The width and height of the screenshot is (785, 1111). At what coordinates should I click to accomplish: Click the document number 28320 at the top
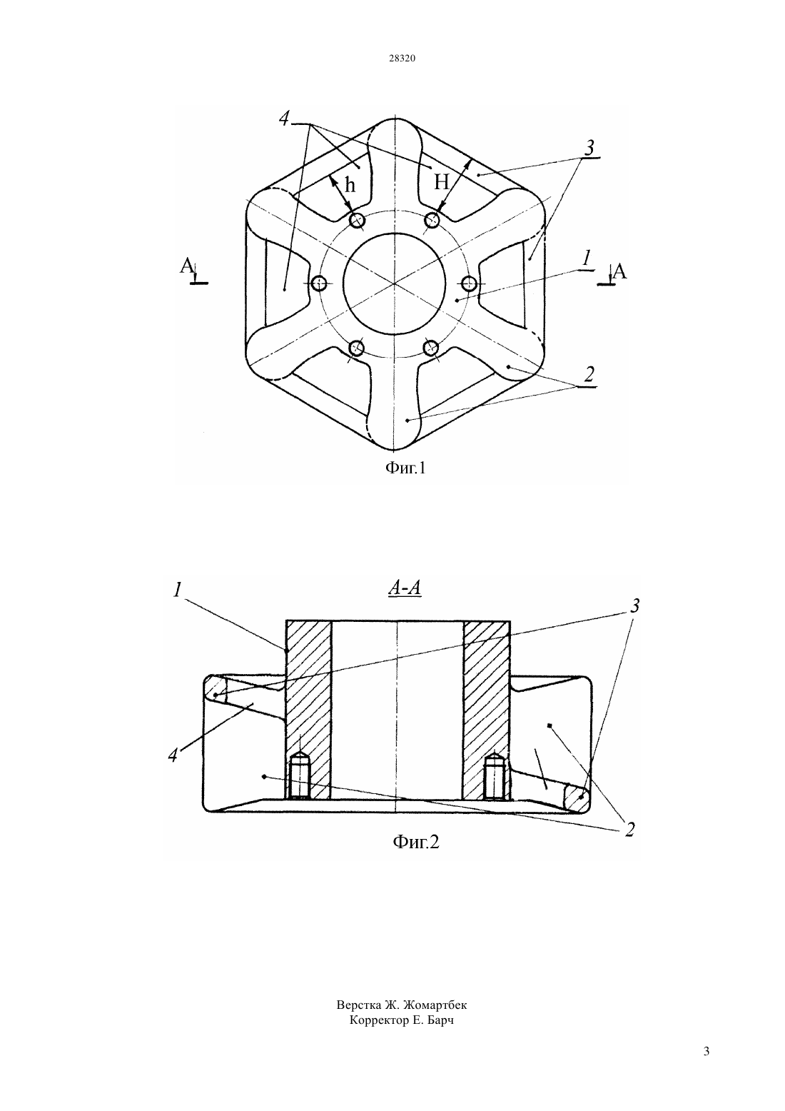(x=402, y=58)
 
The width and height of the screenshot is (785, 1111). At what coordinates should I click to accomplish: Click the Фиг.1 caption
(x=405, y=468)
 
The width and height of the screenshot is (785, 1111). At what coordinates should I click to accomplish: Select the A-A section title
(x=405, y=588)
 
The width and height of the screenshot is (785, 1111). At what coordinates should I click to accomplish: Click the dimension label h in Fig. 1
(x=350, y=185)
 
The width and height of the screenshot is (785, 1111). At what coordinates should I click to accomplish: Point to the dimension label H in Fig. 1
(x=441, y=183)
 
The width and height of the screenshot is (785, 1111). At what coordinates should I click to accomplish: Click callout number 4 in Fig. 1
(x=284, y=119)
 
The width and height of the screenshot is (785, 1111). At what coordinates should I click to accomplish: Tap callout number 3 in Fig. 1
(x=589, y=147)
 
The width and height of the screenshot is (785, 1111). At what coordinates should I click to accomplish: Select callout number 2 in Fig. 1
(x=589, y=374)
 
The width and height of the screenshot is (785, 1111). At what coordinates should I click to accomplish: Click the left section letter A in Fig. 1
(x=186, y=266)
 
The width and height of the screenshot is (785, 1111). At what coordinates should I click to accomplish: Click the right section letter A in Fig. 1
(x=620, y=271)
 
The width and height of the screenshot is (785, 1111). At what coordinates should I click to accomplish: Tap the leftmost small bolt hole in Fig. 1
(x=319, y=283)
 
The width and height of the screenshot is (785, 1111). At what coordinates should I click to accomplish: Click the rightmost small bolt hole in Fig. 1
(x=469, y=283)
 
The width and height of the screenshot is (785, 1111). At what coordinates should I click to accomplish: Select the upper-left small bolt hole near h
(x=357, y=219)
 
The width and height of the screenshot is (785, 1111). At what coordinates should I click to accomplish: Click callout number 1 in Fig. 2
(x=177, y=590)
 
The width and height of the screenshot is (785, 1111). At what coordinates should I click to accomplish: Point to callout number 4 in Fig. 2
(x=173, y=755)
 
